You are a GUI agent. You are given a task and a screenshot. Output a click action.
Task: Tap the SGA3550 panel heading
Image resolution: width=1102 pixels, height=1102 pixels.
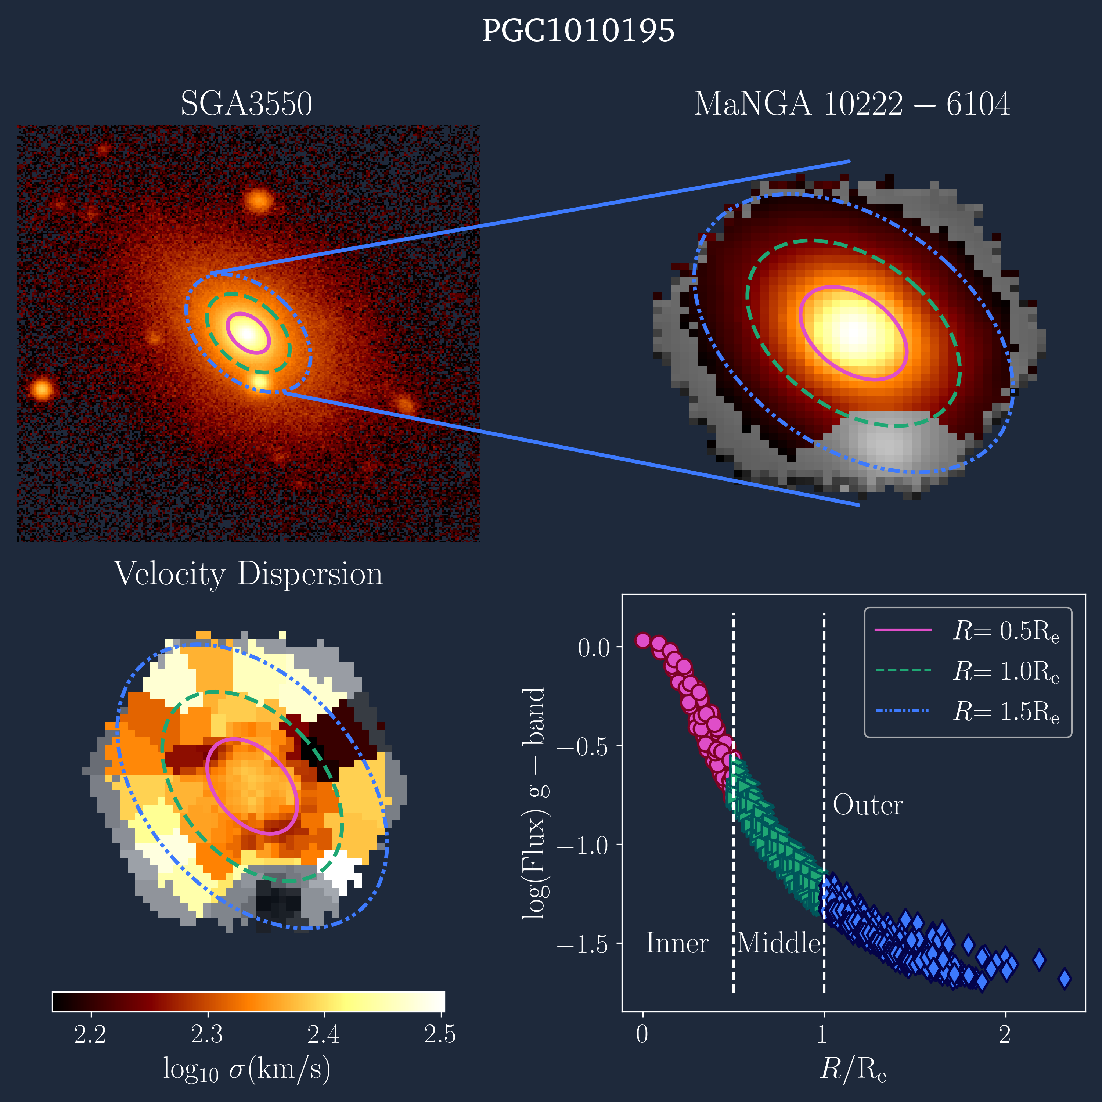pos(246,104)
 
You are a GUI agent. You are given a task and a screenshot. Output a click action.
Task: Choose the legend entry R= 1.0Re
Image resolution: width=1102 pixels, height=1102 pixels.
pos(1006,671)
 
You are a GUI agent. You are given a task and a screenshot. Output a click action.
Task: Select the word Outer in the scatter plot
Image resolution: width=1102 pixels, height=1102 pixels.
pos(868,806)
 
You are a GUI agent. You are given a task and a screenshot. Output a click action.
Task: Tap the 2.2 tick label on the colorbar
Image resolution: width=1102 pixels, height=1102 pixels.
pos(90,1034)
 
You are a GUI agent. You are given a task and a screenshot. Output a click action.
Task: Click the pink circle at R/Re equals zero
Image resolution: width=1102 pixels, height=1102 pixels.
pos(643,640)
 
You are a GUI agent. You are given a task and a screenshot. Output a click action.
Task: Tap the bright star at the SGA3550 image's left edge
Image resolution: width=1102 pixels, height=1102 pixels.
pos(41,390)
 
